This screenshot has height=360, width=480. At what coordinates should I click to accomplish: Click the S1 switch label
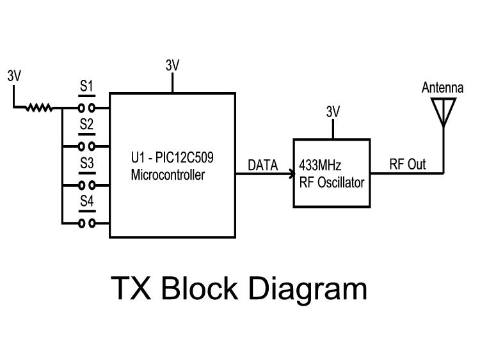click(86, 86)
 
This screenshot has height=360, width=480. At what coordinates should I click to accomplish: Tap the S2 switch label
click(86, 125)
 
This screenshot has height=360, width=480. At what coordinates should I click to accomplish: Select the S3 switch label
click(86, 164)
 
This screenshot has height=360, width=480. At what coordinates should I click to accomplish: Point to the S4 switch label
click(86, 202)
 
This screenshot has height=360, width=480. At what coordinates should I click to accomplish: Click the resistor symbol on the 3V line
click(39, 107)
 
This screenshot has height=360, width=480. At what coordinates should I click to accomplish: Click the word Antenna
click(442, 88)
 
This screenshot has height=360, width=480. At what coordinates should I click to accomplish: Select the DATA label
click(262, 166)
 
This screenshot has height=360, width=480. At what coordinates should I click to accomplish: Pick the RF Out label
click(408, 165)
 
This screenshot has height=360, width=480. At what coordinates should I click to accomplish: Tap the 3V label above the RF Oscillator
click(332, 113)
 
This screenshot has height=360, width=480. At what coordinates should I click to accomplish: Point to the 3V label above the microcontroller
click(172, 65)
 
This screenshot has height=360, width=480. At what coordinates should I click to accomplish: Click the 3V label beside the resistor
click(14, 75)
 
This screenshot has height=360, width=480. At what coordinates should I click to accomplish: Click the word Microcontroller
click(168, 175)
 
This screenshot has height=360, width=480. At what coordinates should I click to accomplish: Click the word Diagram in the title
click(308, 288)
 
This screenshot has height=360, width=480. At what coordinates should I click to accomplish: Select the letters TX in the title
click(132, 288)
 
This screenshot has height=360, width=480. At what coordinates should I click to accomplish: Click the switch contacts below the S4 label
click(87, 223)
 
